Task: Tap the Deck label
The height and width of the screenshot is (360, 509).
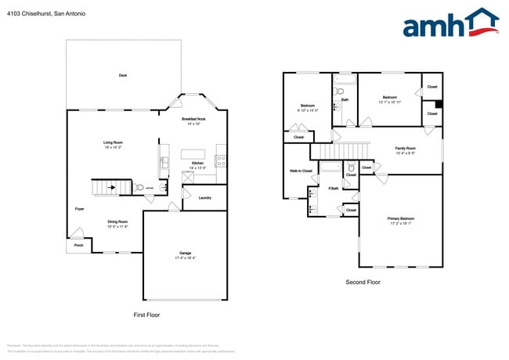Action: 122,75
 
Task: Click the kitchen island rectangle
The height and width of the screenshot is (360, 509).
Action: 193,154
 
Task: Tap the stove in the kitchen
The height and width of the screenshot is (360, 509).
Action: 221,162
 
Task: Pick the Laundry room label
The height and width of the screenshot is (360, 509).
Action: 205,198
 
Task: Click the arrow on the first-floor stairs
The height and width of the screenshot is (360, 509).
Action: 111,188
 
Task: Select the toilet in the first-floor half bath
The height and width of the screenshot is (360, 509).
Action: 139,188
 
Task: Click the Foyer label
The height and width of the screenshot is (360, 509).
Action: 80,210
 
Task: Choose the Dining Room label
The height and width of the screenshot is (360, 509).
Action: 117,222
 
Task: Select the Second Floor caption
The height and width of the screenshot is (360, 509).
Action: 363,282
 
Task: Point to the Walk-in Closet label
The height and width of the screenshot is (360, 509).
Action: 301,171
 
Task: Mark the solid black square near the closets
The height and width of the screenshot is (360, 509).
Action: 439,103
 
